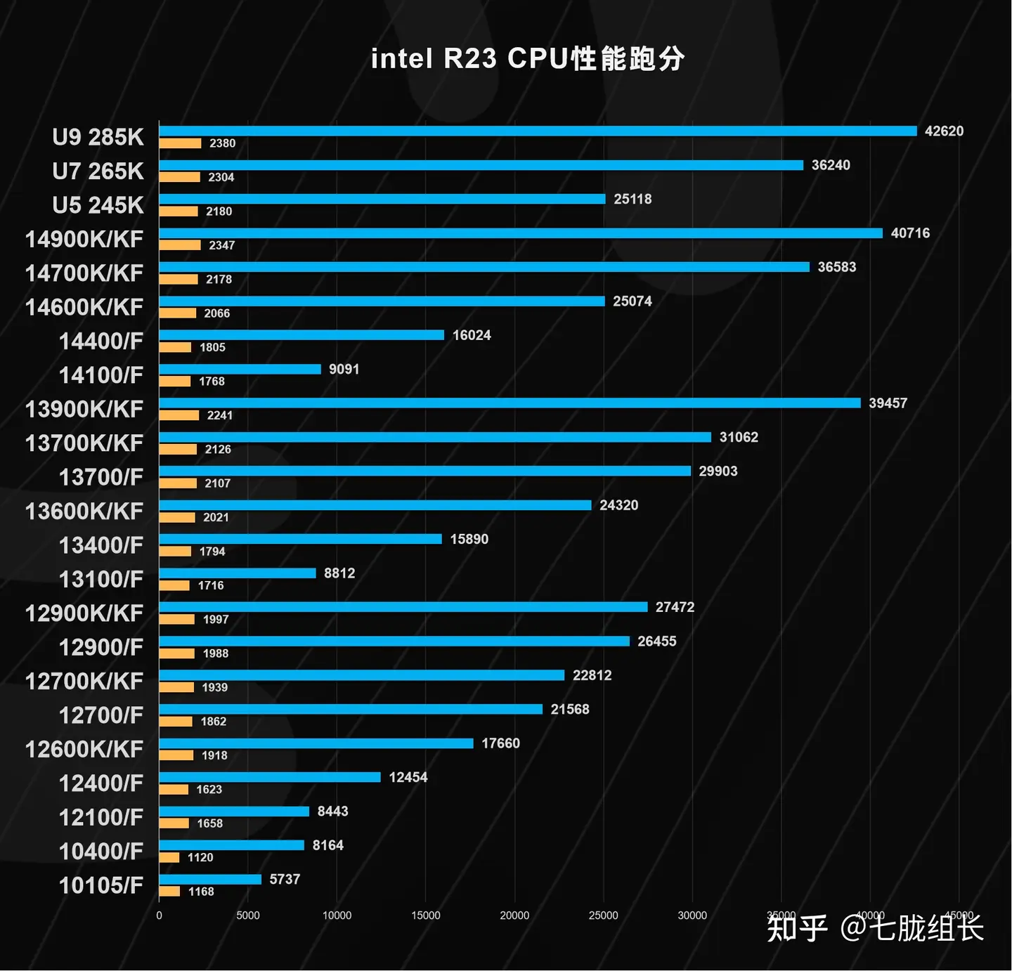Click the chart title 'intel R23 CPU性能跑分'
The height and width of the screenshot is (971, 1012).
(528, 59)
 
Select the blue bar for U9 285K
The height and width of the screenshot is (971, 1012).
(538, 131)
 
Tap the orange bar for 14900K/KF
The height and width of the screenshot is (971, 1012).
(180, 245)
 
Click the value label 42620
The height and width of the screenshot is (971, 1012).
(944, 131)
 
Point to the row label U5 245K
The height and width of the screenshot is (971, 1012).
(98, 205)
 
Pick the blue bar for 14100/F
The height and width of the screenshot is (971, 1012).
(240, 369)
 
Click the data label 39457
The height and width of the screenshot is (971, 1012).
(888, 403)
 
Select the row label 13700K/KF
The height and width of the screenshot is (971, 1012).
(84, 443)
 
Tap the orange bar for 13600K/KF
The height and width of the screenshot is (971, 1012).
(177, 517)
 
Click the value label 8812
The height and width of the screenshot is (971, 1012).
(339, 573)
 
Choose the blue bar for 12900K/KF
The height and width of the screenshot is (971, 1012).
(403, 607)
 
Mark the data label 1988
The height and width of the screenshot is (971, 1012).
(216, 653)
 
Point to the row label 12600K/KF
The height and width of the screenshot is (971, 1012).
(84, 750)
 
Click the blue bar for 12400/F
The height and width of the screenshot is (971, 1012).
(270, 777)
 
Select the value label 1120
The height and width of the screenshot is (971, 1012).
(200, 857)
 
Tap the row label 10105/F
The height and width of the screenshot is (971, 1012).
(100, 885)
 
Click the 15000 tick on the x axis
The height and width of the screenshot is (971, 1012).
(425, 915)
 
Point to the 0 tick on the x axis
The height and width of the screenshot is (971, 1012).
(159, 915)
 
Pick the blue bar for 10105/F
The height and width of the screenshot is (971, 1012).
(210, 879)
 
